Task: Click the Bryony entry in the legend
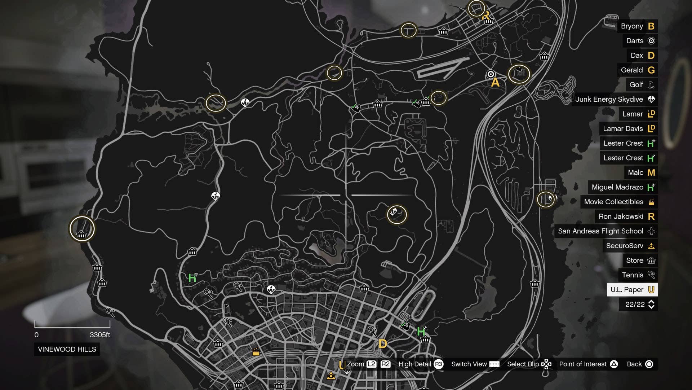[x=637, y=26]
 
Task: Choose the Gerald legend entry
[x=637, y=70]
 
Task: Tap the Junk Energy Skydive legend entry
[x=615, y=99]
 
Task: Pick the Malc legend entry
[x=641, y=172]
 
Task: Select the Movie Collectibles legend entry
[x=618, y=202]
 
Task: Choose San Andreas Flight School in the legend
[x=606, y=231]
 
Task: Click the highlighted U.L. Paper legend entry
[x=632, y=290]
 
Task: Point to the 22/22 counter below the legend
[x=638, y=304]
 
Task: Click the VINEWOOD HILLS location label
[x=67, y=349]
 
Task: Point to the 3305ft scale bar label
[x=100, y=335]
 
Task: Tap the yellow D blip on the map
[x=383, y=343]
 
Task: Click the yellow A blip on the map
[x=496, y=83]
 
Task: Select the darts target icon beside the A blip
[x=491, y=74]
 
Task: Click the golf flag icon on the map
[x=227, y=309]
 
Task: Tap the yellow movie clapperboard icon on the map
[x=256, y=351]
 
